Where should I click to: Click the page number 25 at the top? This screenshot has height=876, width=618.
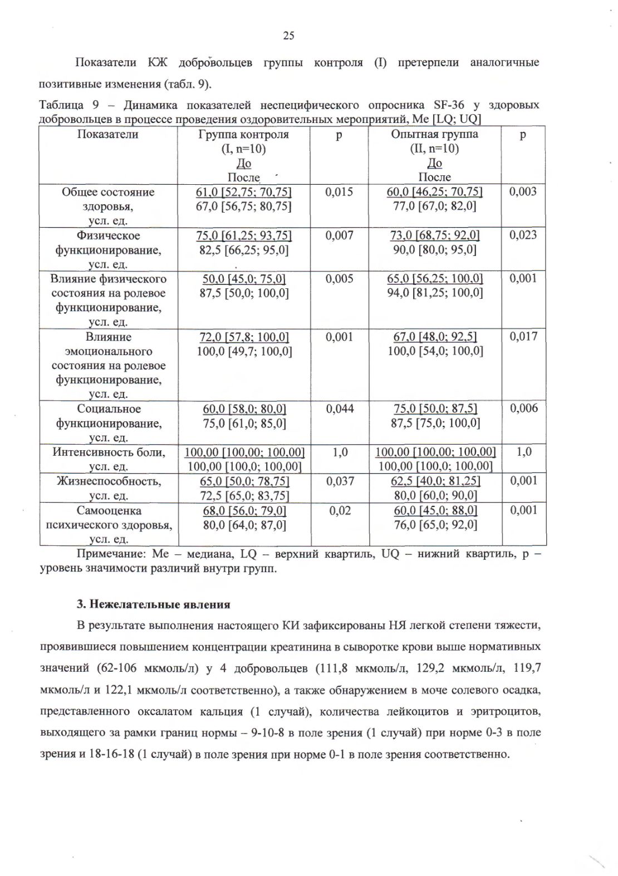[x=288, y=36]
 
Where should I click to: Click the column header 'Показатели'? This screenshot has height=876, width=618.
[x=108, y=134]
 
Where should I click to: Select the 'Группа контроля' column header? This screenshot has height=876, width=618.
[x=244, y=134]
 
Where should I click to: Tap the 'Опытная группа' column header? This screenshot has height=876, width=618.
[x=434, y=134]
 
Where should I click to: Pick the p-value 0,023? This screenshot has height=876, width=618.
[x=523, y=235]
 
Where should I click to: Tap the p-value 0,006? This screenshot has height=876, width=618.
[x=523, y=409]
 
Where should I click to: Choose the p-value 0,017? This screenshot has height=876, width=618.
[x=523, y=337]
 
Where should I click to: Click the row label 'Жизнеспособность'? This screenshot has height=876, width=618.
[x=109, y=481]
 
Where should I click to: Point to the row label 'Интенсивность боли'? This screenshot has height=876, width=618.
[x=109, y=452]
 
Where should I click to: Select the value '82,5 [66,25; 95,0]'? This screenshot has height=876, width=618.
[x=244, y=250]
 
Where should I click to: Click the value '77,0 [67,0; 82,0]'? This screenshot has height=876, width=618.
[x=434, y=206]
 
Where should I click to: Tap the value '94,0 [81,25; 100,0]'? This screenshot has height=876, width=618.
[x=435, y=293]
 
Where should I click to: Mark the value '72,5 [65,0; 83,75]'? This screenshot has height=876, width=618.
[x=244, y=495]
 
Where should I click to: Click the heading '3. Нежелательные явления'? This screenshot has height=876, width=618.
[x=153, y=604]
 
